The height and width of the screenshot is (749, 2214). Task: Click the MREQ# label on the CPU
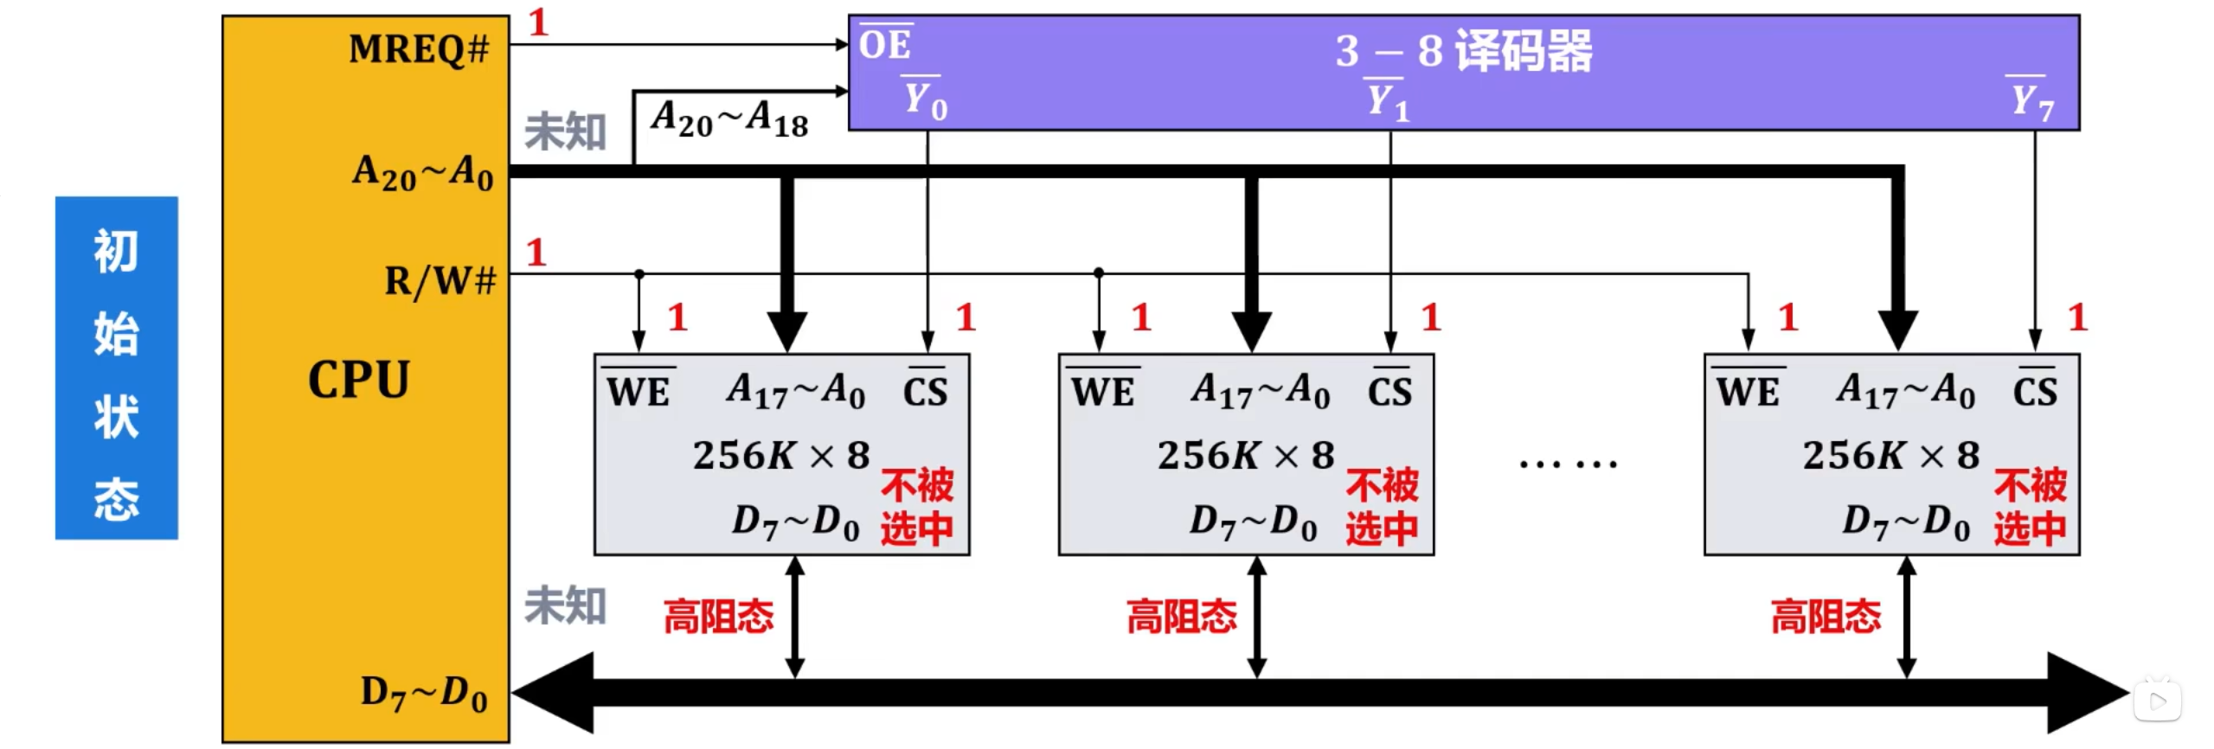[x=419, y=49]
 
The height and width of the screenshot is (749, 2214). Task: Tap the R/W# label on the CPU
[x=440, y=281]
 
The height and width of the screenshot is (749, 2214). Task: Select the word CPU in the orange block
[x=359, y=380]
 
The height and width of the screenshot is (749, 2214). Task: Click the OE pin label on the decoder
[x=884, y=44]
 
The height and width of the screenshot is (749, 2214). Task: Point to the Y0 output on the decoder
[x=925, y=100]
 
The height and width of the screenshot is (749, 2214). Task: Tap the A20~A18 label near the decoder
[x=729, y=118]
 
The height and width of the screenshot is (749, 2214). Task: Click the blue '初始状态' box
[x=117, y=368]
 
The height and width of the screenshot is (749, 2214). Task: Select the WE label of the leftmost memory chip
[x=639, y=392]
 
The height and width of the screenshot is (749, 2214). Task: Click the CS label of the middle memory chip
[x=1389, y=392]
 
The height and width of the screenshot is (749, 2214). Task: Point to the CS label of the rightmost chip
[x=2035, y=392]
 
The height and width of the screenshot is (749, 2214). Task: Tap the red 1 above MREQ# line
[x=538, y=22]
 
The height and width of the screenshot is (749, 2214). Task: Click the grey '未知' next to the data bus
[x=565, y=605]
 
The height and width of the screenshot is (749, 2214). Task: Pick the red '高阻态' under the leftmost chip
[x=718, y=617]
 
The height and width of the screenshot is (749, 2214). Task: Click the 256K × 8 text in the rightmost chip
[x=1890, y=455]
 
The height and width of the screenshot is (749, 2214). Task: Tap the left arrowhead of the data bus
[x=554, y=693]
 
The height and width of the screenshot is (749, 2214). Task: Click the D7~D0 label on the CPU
[x=424, y=694]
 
